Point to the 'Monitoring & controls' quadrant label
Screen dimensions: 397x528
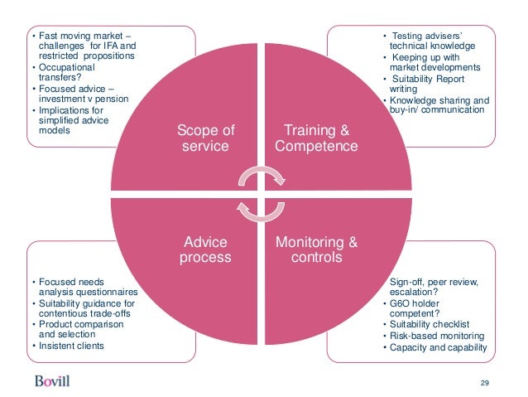click(316, 249)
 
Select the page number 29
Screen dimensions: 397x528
click(485, 381)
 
